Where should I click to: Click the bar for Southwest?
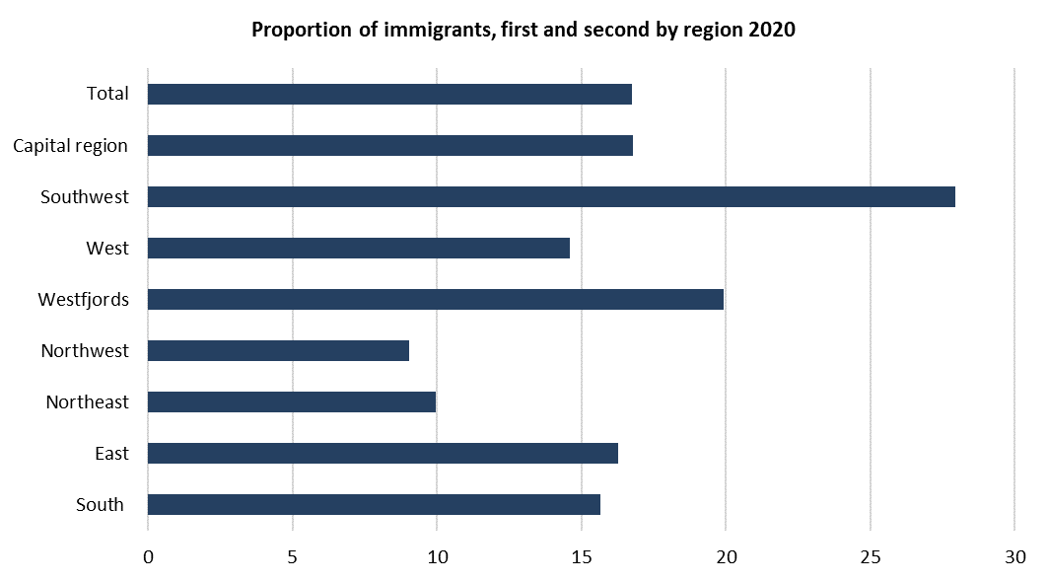(x=551, y=196)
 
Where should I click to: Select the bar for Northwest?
(x=278, y=350)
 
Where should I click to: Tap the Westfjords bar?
(x=435, y=299)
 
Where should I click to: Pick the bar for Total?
(x=389, y=94)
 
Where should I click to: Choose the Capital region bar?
(x=389, y=145)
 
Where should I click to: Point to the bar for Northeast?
(x=291, y=401)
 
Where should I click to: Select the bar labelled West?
(x=358, y=248)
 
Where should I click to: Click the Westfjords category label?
(x=84, y=299)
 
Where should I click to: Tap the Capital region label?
(x=70, y=146)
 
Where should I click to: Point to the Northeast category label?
(x=87, y=401)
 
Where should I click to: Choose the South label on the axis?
(x=100, y=505)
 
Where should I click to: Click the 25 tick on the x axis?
(x=870, y=557)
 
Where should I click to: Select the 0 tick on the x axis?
(x=148, y=557)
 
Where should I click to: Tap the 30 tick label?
(x=1014, y=557)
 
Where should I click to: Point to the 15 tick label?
(x=581, y=557)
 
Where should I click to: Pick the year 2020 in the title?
(x=772, y=30)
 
